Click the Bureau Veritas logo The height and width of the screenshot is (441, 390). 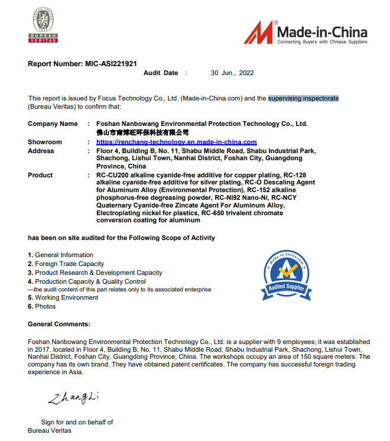[43, 27]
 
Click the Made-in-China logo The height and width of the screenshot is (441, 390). [305, 33]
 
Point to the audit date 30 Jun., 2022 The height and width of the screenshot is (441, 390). [232, 73]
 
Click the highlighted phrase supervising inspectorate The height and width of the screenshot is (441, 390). [303, 98]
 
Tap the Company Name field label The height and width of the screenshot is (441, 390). [53, 124]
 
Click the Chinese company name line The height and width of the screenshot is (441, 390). [142, 133]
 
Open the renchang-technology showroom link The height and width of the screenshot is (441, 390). [176, 142]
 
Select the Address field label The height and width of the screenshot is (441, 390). [41, 151]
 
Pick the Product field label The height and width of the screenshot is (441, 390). [40, 176]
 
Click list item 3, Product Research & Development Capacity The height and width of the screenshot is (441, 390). [95, 273]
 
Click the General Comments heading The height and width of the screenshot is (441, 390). [59, 324]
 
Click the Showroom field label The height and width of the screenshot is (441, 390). [45, 142]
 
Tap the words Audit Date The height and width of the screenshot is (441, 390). [161, 73]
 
